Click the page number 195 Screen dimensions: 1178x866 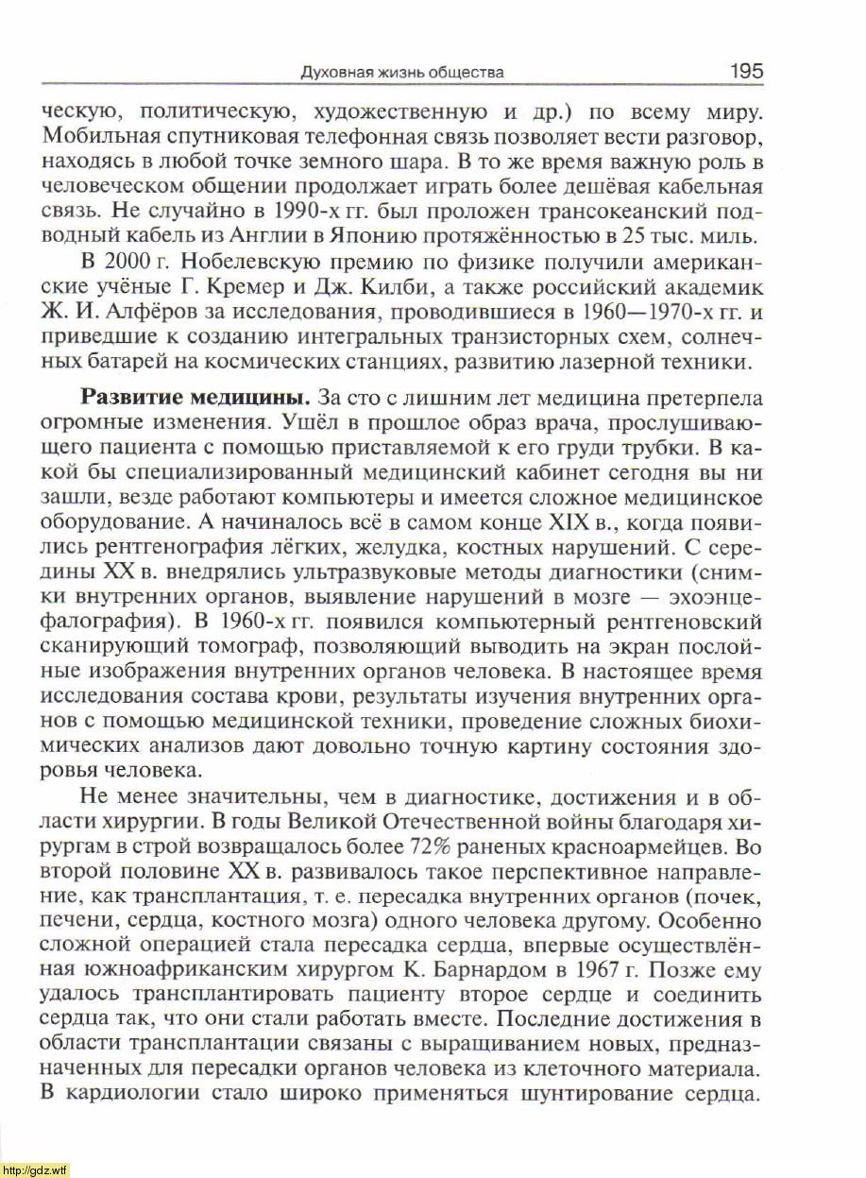point(745,71)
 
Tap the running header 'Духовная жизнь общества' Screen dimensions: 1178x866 point(401,73)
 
